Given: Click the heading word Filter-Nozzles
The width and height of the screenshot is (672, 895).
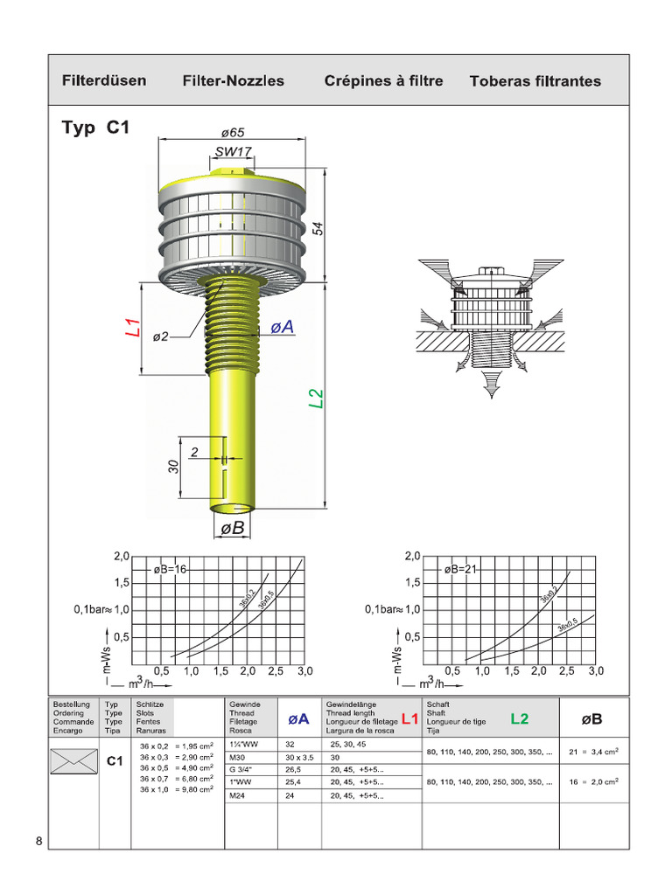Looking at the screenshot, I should point(233,81).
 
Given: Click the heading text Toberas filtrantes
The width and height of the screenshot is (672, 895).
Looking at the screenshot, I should point(535,81).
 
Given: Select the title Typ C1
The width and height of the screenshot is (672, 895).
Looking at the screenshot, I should point(95,128).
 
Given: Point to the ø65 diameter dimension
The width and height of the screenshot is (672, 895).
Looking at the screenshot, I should point(232,133).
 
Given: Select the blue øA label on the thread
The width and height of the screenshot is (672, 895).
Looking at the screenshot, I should point(281,327).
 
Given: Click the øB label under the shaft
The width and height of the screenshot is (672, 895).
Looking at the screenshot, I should point(232,528).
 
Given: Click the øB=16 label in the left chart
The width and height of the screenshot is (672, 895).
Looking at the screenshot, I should point(171,569).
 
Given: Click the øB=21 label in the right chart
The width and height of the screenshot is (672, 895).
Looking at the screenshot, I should point(462,569).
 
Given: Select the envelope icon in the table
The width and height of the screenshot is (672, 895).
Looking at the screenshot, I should point(74,760).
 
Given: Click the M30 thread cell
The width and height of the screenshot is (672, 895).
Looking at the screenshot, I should point(238,757).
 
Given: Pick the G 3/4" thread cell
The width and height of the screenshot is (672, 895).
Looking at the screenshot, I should point(241,770).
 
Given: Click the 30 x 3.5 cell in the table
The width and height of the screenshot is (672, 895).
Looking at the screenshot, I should point(299,757).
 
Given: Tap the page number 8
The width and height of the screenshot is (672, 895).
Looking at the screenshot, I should point(39,842).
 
